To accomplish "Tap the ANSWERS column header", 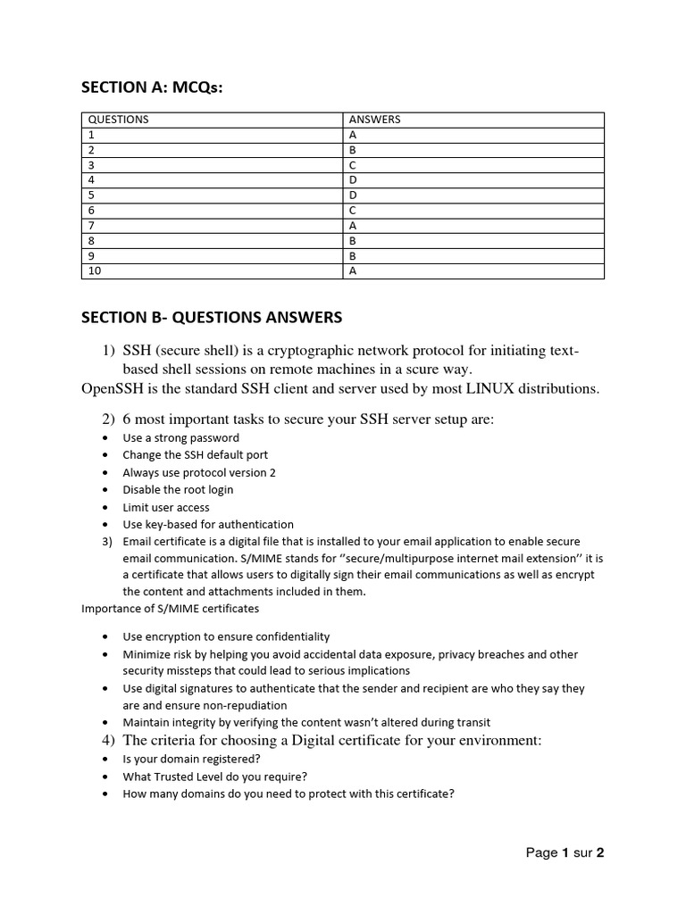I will (374, 120).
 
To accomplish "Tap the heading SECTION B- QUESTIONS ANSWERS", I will (212, 318).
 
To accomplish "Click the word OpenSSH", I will (113, 388).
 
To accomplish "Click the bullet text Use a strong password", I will (180, 438).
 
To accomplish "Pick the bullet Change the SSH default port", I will (195, 455).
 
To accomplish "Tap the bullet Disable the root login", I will (178, 490).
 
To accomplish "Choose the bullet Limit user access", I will (166, 507).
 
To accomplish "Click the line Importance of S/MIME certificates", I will (170, 609).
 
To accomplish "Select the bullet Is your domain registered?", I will (191, 759).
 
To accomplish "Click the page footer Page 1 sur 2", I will (565, 853).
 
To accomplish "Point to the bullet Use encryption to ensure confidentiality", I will (226, 636).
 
